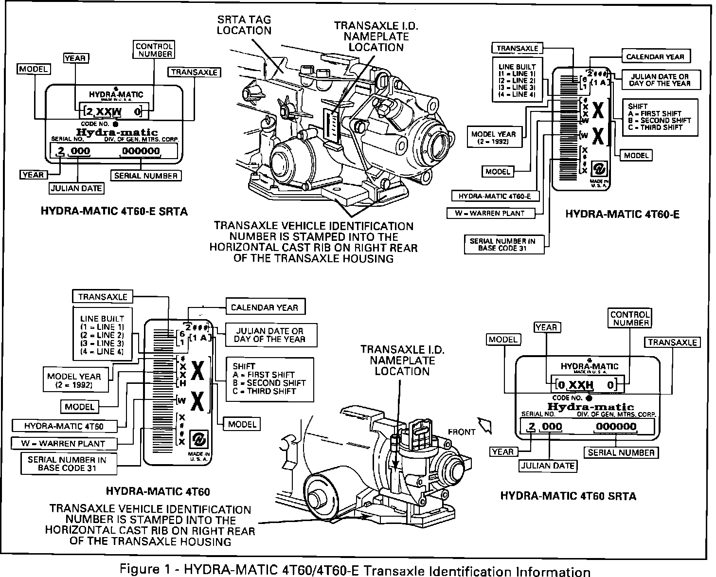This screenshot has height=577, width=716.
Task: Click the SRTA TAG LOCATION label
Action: pos(244,25)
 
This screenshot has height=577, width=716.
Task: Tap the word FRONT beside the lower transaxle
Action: pos(462,432)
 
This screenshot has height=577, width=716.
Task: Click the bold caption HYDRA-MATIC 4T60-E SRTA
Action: pos(114,212)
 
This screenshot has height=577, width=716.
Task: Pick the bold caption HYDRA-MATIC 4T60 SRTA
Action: pos(568,496)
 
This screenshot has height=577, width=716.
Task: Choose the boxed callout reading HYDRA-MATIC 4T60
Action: pos(64,427)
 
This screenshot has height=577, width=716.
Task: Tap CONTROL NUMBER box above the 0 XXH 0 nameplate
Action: pos(630,319)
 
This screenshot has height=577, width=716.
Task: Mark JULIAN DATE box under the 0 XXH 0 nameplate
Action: pos(548,466)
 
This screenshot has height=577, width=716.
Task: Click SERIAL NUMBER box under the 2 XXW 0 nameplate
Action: pos(146,176)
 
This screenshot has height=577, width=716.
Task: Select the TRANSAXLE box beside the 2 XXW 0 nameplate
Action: pos(194,72)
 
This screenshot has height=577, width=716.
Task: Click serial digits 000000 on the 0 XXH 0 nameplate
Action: pos(616,427)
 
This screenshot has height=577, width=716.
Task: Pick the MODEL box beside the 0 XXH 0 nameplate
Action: pos(503,340)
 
